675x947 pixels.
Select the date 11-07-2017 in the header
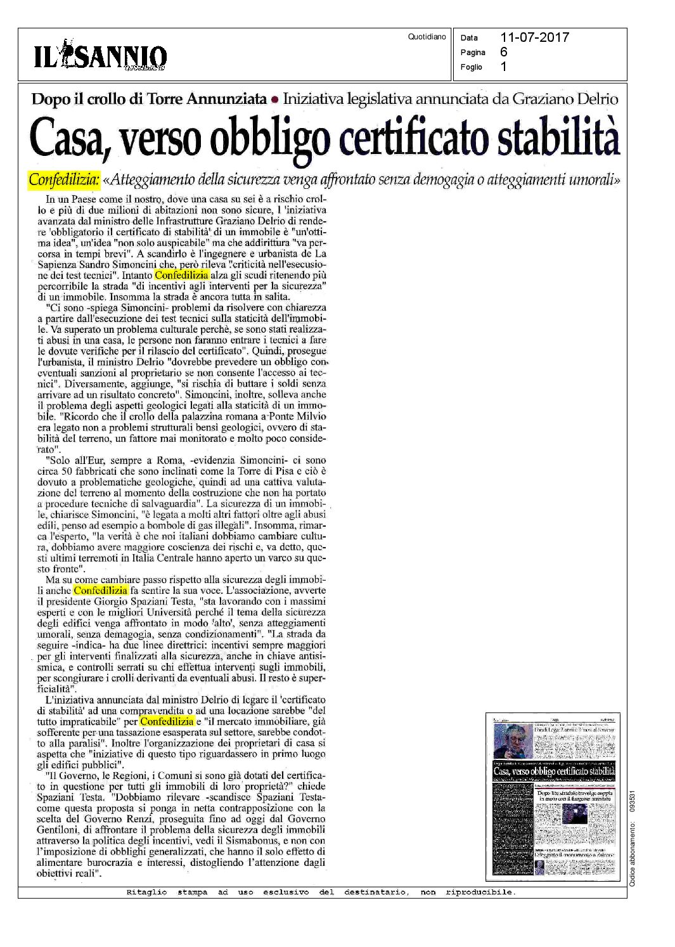tap(534, 37)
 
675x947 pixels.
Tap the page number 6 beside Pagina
tap(504, 52)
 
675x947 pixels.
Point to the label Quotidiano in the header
tap(427, 37)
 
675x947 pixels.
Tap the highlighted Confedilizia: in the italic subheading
tap(64, 180)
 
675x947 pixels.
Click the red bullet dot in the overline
tap(274, 100)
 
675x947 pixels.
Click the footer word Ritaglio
tap(146, 892)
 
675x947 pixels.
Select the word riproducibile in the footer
tap(480, 892)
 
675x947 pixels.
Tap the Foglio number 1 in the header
tap(504, 67)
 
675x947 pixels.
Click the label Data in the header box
tap(469, 38)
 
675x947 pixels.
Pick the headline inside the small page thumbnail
tap(553, 771)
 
